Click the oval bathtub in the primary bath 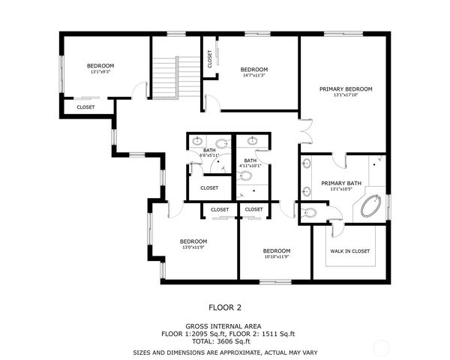tap(371, 205)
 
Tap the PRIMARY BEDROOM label tap(345, 89)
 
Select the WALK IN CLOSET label tap(350, 251)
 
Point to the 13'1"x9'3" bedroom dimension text tap(100, 73)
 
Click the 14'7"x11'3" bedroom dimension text tap(255, 76)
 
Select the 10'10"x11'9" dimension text tap(276, 256)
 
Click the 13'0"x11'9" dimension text tap(193, 247)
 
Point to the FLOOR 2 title tap(224, 307)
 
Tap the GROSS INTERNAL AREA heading tap(224, 326)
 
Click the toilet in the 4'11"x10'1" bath tap(245, 177)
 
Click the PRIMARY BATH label tap(341, 183)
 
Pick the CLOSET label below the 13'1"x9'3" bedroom tap(85, 107)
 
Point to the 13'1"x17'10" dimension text tap(345, 95)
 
